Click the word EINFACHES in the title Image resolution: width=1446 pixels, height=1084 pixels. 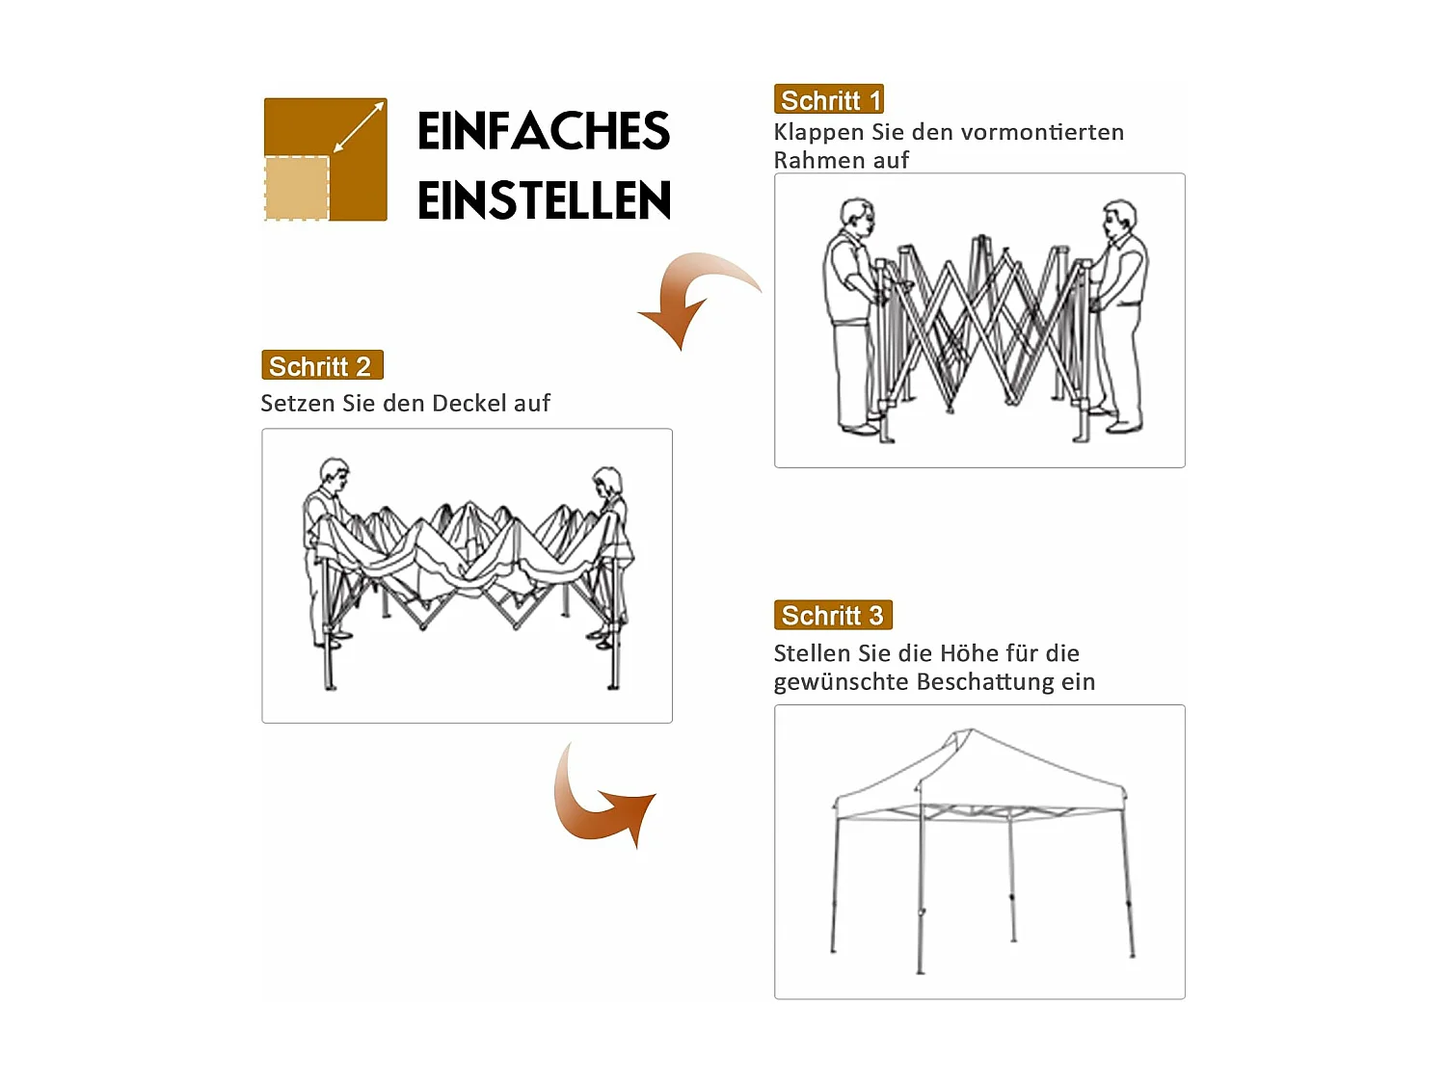tap(543, 132)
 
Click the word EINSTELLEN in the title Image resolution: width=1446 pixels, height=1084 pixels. tap(544, 200)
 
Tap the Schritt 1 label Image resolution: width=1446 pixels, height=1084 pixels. tap(829, 99)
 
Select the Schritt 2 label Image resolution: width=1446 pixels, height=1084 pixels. tap(322, 365)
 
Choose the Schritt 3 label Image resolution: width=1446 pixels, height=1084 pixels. tap(833, 615)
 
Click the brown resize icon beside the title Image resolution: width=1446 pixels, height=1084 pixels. tap(326, 159)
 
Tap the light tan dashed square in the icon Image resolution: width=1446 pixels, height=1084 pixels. tap(297, 188)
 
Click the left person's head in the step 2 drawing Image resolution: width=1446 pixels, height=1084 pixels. tap(334, 474)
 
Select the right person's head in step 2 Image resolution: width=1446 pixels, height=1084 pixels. tap(607, 482)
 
